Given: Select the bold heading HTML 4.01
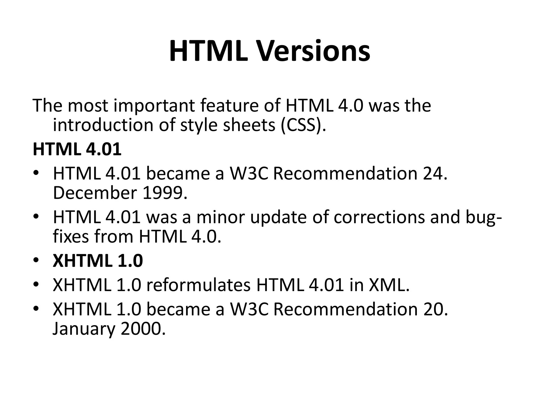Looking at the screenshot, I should click(x=77, y=149).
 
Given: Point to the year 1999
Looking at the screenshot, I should click(x=164, y=193).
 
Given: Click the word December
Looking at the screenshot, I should click(x=95, y=193).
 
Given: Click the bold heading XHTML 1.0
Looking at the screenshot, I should click(x=98, y=261).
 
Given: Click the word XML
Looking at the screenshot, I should click(x=389, y=286).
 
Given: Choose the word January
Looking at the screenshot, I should click(x=84, y=329).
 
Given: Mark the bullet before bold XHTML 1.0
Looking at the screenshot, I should click(x=36, y=260).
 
